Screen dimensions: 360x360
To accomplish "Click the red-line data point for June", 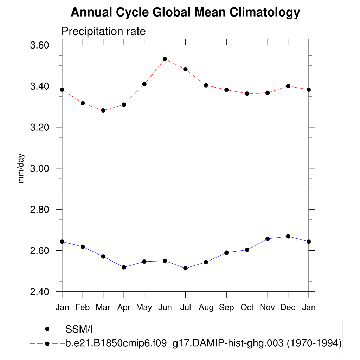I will [x=165, y=59].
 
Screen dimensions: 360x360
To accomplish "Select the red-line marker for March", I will [x=103, y=110].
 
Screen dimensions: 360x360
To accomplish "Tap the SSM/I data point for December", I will [x=288, y=236].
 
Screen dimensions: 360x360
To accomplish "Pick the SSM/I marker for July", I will [x=185, y=268].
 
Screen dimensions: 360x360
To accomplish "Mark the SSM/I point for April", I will [x=124, y=267].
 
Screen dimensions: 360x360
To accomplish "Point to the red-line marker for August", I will [x=206, y=85].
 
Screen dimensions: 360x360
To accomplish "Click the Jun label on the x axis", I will [x=165, y=307].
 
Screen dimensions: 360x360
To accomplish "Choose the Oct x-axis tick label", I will [x=247, y=307].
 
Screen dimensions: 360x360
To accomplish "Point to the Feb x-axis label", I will [x=83, y=307].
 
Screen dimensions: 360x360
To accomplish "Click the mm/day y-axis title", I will [x=21, y=168].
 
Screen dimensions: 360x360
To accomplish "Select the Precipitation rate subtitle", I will [x=103, y=31].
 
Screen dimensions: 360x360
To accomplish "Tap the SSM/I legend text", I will [x=79, y=329].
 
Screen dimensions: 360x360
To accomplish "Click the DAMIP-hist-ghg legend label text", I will [x=204, y=343].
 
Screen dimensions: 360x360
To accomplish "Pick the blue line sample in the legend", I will [x=47, y=329].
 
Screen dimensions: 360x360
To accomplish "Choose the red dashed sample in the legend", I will [x=47, y=343].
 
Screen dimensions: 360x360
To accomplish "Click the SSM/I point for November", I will [x=268, y=239].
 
